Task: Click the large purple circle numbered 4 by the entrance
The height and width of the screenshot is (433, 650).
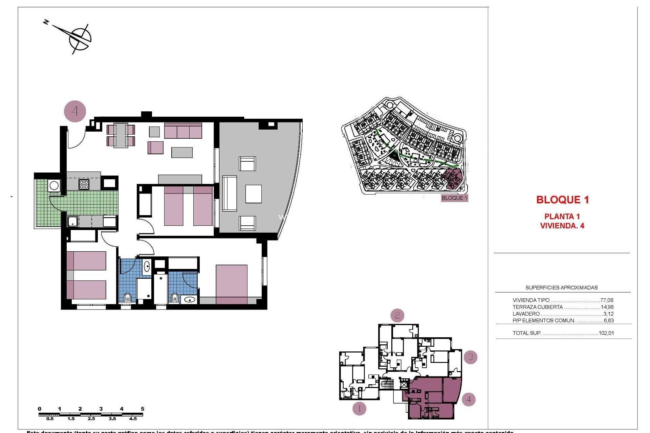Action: [75, 111]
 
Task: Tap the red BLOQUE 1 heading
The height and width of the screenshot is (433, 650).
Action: [562, 200]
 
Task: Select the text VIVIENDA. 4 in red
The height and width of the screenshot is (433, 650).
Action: [562, 226]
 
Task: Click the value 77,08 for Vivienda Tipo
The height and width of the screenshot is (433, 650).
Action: [606, 300]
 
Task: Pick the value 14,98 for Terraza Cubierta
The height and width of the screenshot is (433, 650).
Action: [606, 307]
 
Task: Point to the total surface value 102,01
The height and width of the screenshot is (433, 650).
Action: [606, 333]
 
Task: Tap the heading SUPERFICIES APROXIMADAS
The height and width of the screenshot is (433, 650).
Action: [561, 288]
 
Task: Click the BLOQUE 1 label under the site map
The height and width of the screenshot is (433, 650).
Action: [454, 198]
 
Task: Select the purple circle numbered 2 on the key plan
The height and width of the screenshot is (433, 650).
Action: [397, 316]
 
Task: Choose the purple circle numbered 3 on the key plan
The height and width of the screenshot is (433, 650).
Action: [470, 357]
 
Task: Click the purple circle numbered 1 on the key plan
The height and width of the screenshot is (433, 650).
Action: [359, 409]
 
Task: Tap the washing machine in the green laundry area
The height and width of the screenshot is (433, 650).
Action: [54, 185]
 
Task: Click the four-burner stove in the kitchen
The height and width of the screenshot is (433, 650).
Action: [84, 184]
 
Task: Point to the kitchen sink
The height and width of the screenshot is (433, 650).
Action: [73, 222]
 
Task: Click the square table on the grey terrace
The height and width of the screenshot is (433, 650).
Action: [253, 194]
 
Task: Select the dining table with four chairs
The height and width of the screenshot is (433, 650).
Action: [121, 135]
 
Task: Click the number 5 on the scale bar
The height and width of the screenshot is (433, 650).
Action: [143, 409]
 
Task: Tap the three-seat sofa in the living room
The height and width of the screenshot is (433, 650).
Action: [183, 131]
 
